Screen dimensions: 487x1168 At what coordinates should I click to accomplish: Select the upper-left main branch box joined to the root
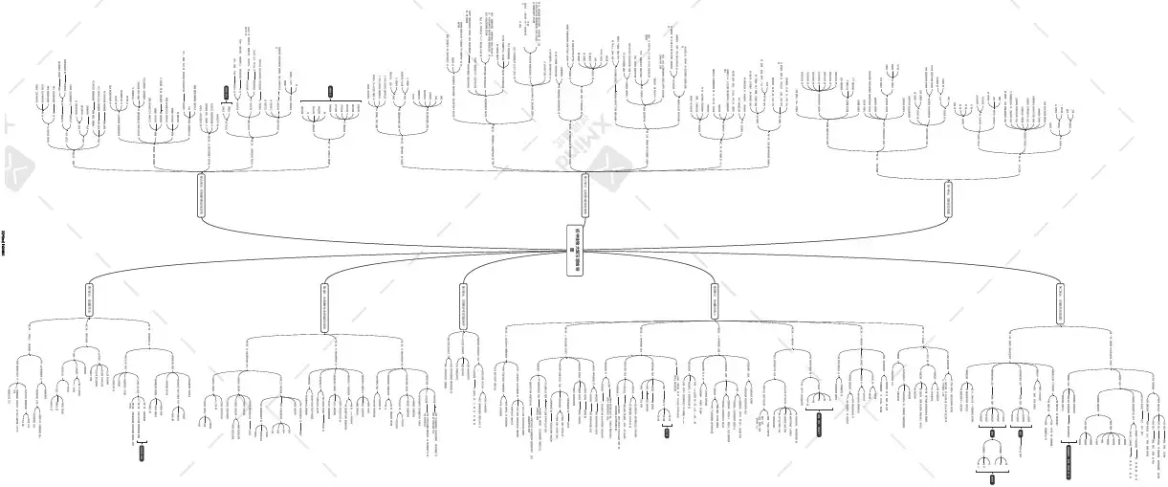pyautogui.click(x=202, y=196)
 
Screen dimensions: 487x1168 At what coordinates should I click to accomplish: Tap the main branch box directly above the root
pyautogui.click(x=584, y=196)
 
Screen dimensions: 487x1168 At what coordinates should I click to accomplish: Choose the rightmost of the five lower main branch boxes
pyautogui.click(x=1060, y=302)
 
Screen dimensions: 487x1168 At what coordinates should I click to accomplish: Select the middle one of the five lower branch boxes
pyautogui.click(x=463, y=306)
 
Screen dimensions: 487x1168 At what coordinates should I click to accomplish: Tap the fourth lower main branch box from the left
pyautogui.click(x=714, y=300)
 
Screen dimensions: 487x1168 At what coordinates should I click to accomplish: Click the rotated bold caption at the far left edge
pyautogui.click(x=4, y=245)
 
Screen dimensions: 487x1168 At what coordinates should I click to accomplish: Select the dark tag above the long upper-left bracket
pyautogui.click(x=330, y=92)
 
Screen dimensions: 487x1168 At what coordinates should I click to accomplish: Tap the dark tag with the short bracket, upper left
pyautogui.click(x=226, y=93)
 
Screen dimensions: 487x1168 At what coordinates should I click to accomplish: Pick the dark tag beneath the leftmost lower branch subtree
pyautogui.click(x=142, y=453)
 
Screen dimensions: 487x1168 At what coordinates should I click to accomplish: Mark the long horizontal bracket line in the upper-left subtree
pyautogui.click(x=330, y=100)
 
